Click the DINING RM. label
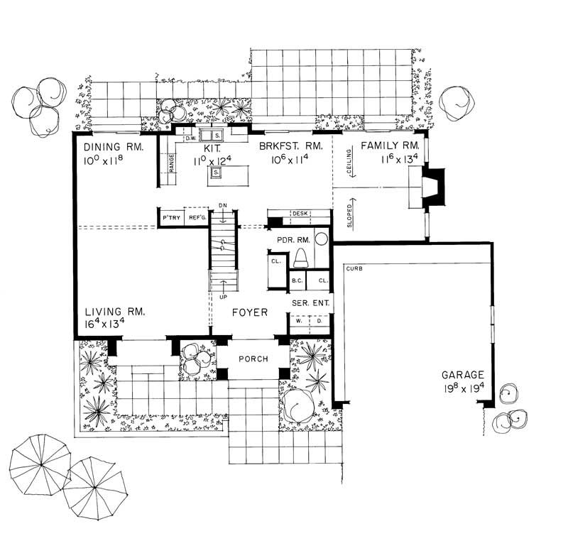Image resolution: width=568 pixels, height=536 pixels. (114, 147)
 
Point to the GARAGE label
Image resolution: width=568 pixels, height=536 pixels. (463, 374)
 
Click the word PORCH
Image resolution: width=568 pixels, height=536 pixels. (252, 359)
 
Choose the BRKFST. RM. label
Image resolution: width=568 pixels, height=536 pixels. (291, 146)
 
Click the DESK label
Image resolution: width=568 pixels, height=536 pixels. (299, 214)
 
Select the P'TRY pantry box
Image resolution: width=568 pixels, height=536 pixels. (170, 217)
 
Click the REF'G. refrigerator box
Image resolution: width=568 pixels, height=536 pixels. (197, 217)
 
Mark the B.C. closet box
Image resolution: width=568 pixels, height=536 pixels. (297, 280)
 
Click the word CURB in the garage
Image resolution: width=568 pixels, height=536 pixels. (355, 269)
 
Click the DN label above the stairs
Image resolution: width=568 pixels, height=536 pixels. (223, 206)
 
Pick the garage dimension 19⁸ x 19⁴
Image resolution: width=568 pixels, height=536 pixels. (463, 388)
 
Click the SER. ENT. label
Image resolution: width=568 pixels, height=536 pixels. (310, 302)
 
